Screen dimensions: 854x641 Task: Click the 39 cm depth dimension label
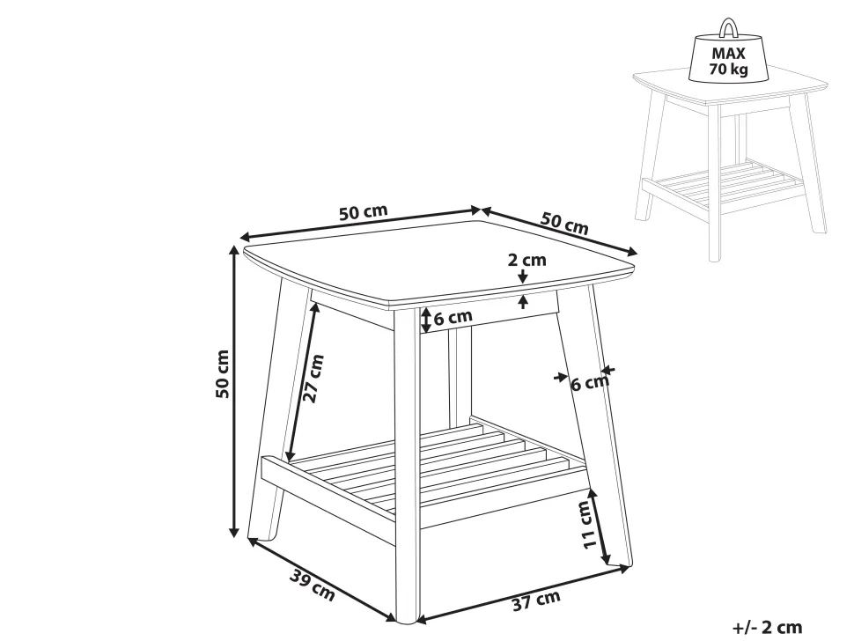click(x=311, y=585)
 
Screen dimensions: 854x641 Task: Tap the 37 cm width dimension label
click(x=536, y=600)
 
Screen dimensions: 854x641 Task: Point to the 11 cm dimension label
click(x=586, y=525)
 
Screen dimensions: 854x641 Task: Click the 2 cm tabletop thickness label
click(x=526, y=260)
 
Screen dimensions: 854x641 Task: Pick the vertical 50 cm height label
click(x=222, y=373)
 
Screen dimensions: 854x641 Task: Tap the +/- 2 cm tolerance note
click(x=768, y=628)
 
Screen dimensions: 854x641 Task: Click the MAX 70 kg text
click(x=728, y=61)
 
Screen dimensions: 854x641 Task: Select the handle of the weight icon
click(x=727, y=27)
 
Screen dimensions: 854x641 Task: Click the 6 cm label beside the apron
click(x=453, y=317)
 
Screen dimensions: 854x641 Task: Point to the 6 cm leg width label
click(x=589, y=383)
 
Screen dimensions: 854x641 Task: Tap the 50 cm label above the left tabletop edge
click(x=364, y=212)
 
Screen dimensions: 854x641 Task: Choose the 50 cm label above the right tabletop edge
click(x=565, y=224)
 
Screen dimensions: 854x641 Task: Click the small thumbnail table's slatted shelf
click(x=723, y=182)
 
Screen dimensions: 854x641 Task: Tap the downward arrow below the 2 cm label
click(x=523, y=276)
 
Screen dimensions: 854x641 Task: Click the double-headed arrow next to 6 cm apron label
click(x=426, y=320)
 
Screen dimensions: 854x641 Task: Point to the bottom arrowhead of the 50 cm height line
click(x=234, y=531)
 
